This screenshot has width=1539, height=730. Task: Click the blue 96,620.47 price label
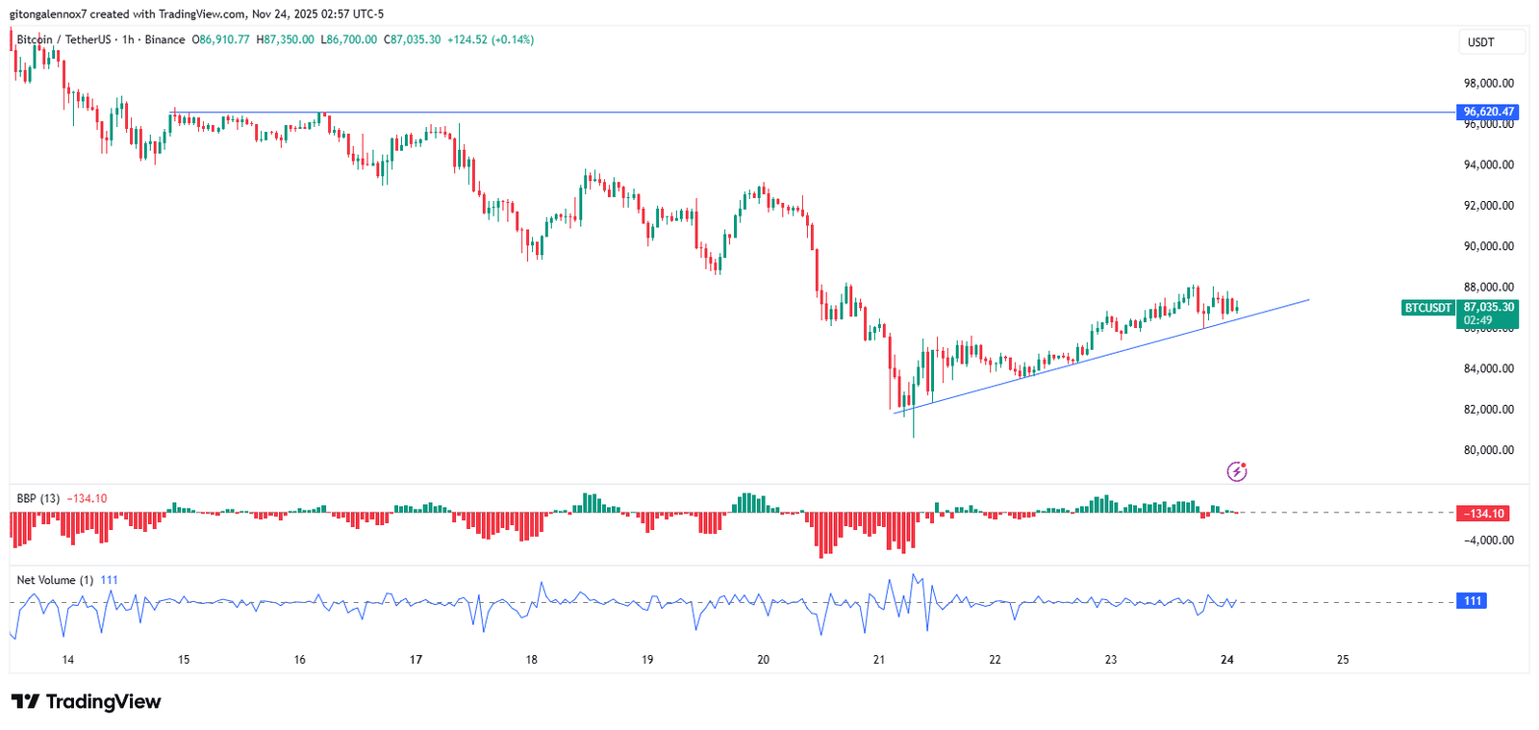pyautogui.click(x=1488, y=112)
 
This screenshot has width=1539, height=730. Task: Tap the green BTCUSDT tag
pyautogui.click(x=1427, y=308)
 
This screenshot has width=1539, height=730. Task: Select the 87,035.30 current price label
pyautogui.click(x=1488, y=308)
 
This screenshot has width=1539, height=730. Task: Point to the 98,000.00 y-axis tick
pyautogui.click(x=1488, y=84)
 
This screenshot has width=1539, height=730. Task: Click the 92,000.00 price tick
pyautogui.click(x=1488, y=206)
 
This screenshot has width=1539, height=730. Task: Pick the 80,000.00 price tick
pyautogui.click(x=1488, y=450)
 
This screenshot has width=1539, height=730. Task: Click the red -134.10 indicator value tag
pyautogui.click(x=1483, y=514)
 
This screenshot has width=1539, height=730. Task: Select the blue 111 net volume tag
pyautogui.click(x=1473, y=601)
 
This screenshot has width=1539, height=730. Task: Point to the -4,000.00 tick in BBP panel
pyautogui.click(x=1489, y=541)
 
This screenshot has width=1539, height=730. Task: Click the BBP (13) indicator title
pyautogui.click(x=38, y=498)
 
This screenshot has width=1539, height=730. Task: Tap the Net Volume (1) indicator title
pyautogui.click(x=55, y=580)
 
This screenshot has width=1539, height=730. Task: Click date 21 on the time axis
pyautogui.click(x=879, y=660)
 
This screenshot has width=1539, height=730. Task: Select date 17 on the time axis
pyautogui.click(x=416, y=660)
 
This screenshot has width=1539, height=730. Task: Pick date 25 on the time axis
pyautogui.click(x=1343, y=660)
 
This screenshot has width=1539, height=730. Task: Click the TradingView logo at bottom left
pyautogui.click(x=86, y=701)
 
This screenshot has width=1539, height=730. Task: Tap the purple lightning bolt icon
pyautogui.click(x=1237, y=471)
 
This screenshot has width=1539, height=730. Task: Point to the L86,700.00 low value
pyautogui.click(x=348, y=39)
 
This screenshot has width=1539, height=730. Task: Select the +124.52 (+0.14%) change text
pyautogui.click(x=491, y=39)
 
